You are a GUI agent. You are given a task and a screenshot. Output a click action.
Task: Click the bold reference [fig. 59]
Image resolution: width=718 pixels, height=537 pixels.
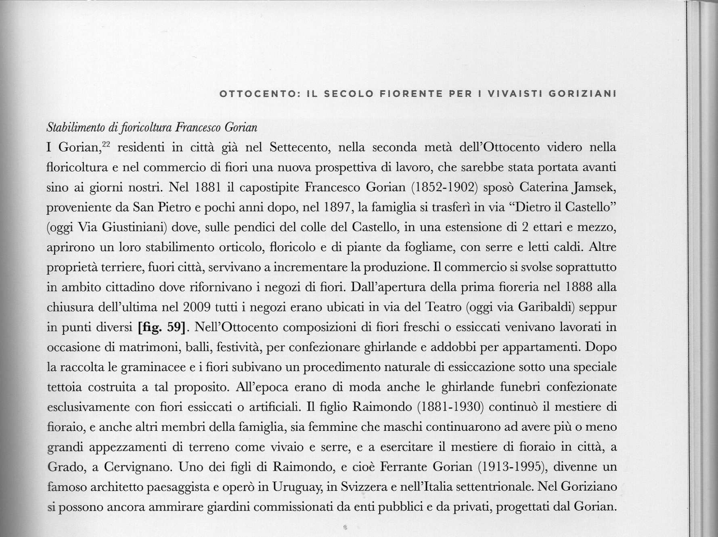click(x=161, y=327)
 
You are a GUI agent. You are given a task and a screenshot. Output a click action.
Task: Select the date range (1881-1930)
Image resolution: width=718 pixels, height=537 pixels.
click(x=451, y=407)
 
